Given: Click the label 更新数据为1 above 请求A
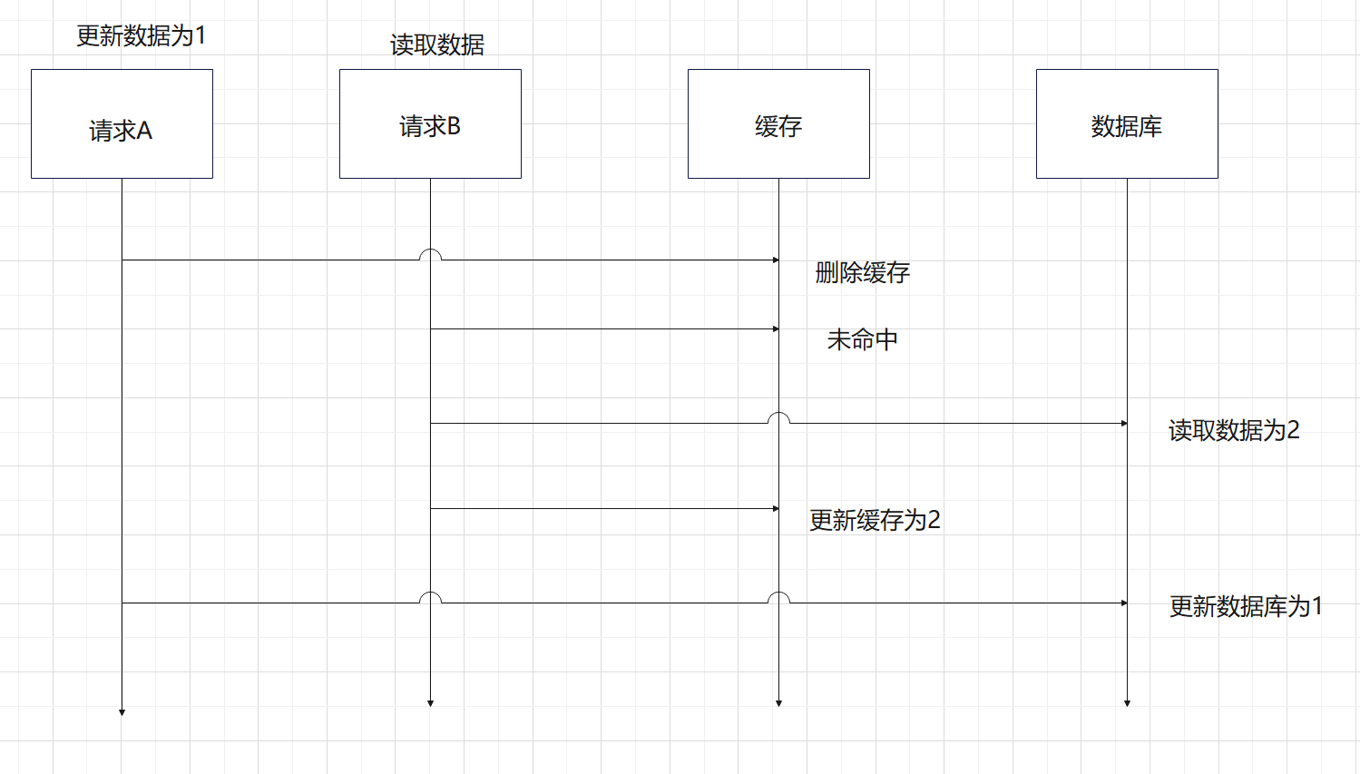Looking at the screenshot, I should point(142,36).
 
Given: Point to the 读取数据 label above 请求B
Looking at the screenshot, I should point(437,44).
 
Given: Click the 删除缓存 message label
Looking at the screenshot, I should point(862,272).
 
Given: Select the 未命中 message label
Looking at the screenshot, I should point(862,339).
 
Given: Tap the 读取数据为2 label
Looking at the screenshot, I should point(1234,430).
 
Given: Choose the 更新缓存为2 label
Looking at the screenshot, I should point(875,520).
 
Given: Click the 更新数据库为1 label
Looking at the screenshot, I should point(1246,606).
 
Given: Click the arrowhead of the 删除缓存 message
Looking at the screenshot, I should point(776,260).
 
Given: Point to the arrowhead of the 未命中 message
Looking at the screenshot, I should point(776,329).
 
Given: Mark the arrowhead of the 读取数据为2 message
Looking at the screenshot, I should point(1124,424).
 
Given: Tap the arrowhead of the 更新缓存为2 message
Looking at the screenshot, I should point(776,509).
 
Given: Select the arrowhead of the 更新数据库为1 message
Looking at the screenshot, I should point(1124,603).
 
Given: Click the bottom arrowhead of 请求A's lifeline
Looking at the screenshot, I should point(122,712).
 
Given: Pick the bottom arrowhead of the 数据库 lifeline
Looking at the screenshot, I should point(1127,703).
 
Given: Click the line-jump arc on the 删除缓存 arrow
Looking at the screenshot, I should point(430,254).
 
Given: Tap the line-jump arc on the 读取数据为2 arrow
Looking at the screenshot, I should point(778,417).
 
